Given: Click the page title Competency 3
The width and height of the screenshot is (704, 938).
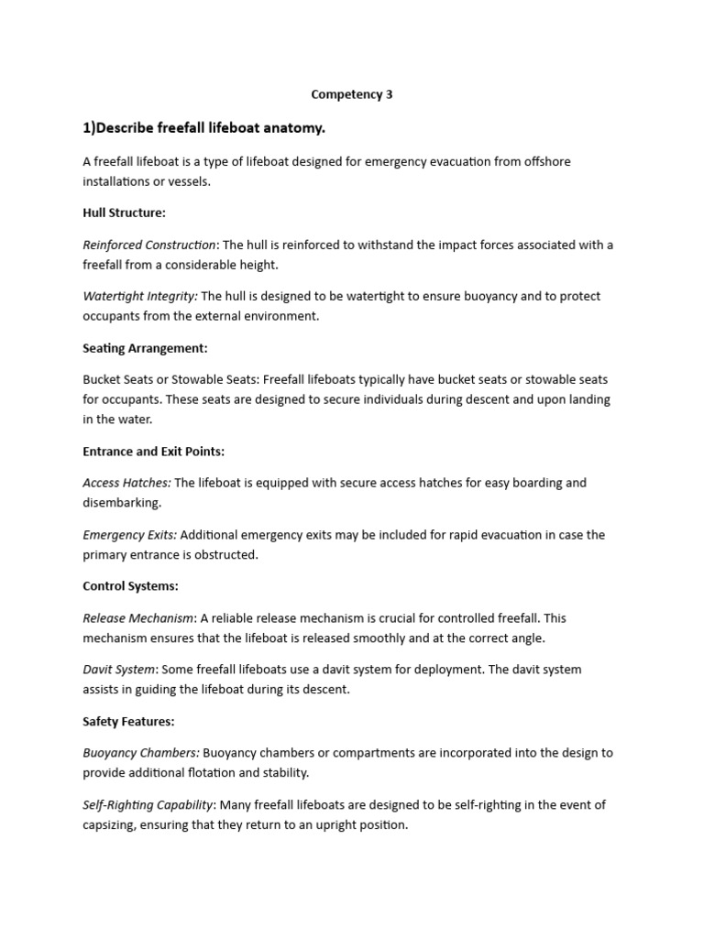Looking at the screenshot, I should (x=352, y=94).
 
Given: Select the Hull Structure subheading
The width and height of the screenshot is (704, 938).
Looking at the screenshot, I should (x=124, y=213).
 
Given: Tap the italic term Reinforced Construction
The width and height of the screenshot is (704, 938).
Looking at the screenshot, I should (x=149, y=245).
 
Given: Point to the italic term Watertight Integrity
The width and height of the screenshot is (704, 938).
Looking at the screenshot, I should (x=140, y=296).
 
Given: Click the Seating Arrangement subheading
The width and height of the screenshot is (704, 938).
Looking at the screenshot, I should (x=145, y=348).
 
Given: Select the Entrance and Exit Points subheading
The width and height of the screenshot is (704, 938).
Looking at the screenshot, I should (x=153, y=452).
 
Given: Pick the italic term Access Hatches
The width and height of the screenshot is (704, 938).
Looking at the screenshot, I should (x=126, y=483).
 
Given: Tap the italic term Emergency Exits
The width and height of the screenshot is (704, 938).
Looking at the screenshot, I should (x=129, y=535).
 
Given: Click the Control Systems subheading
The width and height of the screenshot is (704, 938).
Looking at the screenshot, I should (x=130, y=586).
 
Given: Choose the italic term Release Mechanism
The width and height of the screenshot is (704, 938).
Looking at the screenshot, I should (x=138, y=618).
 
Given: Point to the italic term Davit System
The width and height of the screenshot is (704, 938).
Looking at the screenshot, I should (x=119, y=670).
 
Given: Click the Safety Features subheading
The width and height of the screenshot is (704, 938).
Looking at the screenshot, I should (x=128, y=722).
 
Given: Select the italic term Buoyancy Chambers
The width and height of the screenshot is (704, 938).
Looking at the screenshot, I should (x=140, y=753).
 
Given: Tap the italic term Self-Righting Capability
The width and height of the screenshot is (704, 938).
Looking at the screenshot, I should (x=148, y=805).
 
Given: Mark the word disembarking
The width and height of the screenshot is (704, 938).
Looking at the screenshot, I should (x=122, y=503).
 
